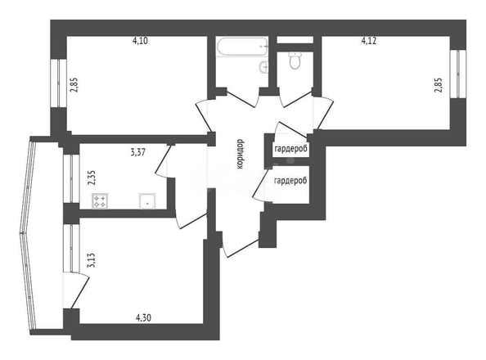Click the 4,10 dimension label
click(140, 41)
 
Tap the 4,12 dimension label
click(369, 41)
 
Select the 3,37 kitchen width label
click(138, 152)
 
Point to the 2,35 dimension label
click(92, 178)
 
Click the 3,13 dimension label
click(92, 260)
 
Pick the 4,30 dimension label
click(143, 317)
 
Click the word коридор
click(240, 154)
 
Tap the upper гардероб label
click(291, 149)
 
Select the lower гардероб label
click(290, 181)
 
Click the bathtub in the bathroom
click(242, 47)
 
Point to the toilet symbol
click(295, 60)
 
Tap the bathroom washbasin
click(263, 67)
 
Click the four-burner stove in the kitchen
click(100, 200)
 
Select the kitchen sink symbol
click(147, 200)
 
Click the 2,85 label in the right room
click(438, 85)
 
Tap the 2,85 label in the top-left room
click(74, 85)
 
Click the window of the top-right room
click(458, 74)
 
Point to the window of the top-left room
click(59, 83)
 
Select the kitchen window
click(71, 178)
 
